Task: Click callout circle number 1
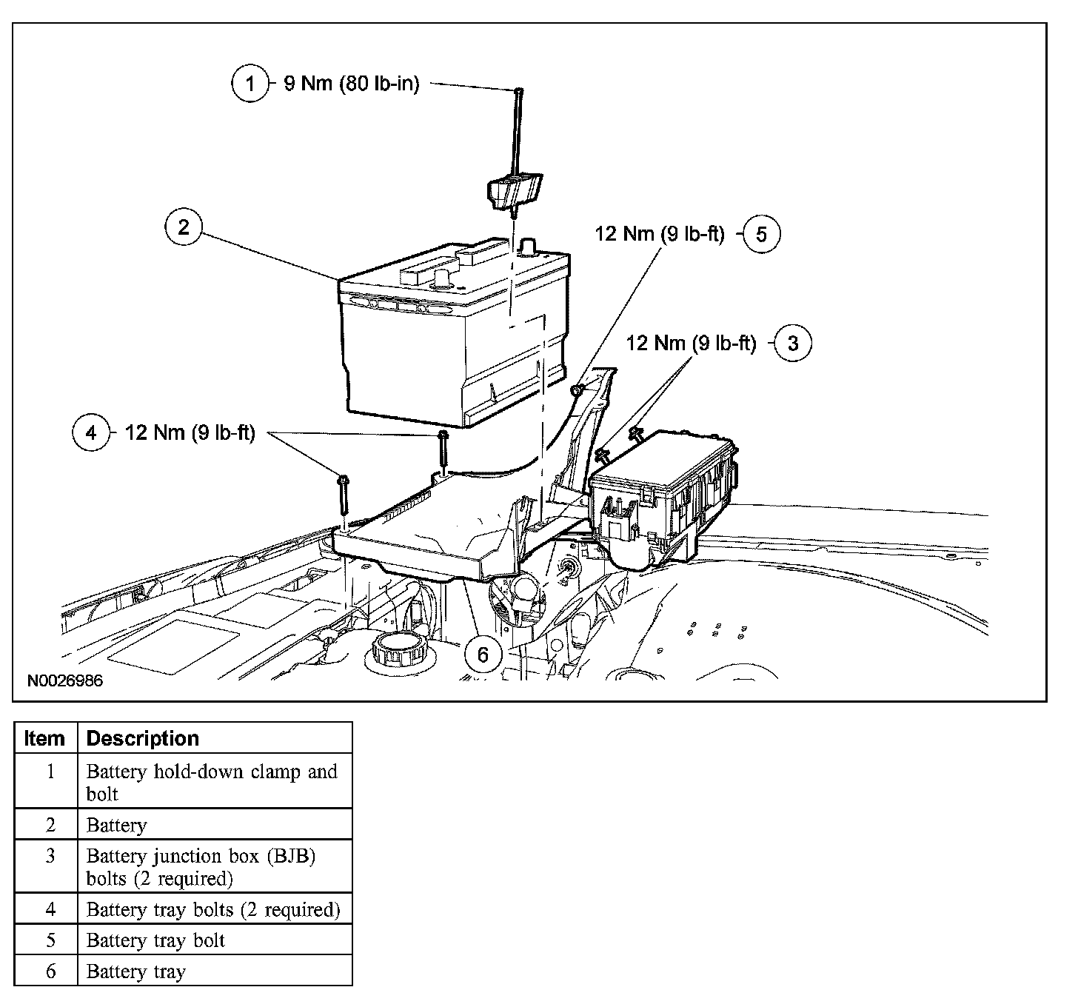(250, 83)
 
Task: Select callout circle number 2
(183, 227)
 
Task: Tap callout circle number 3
(793, 343)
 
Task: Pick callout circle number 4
(91, 432)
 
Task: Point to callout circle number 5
(762, 234)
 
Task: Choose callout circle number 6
(483, 654)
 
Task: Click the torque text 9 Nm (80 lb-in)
(352, 84)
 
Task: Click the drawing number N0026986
(65, 680)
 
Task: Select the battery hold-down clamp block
(514, 191)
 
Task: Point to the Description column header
(143, 738)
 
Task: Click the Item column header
(44, 738)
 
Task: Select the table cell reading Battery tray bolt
(155, 940)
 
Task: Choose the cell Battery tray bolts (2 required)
(213, 909)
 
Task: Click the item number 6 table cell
(50, 971)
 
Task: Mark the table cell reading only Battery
(117, 825)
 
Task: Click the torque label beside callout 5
(660, 234)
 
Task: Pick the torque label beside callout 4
(190, 432)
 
